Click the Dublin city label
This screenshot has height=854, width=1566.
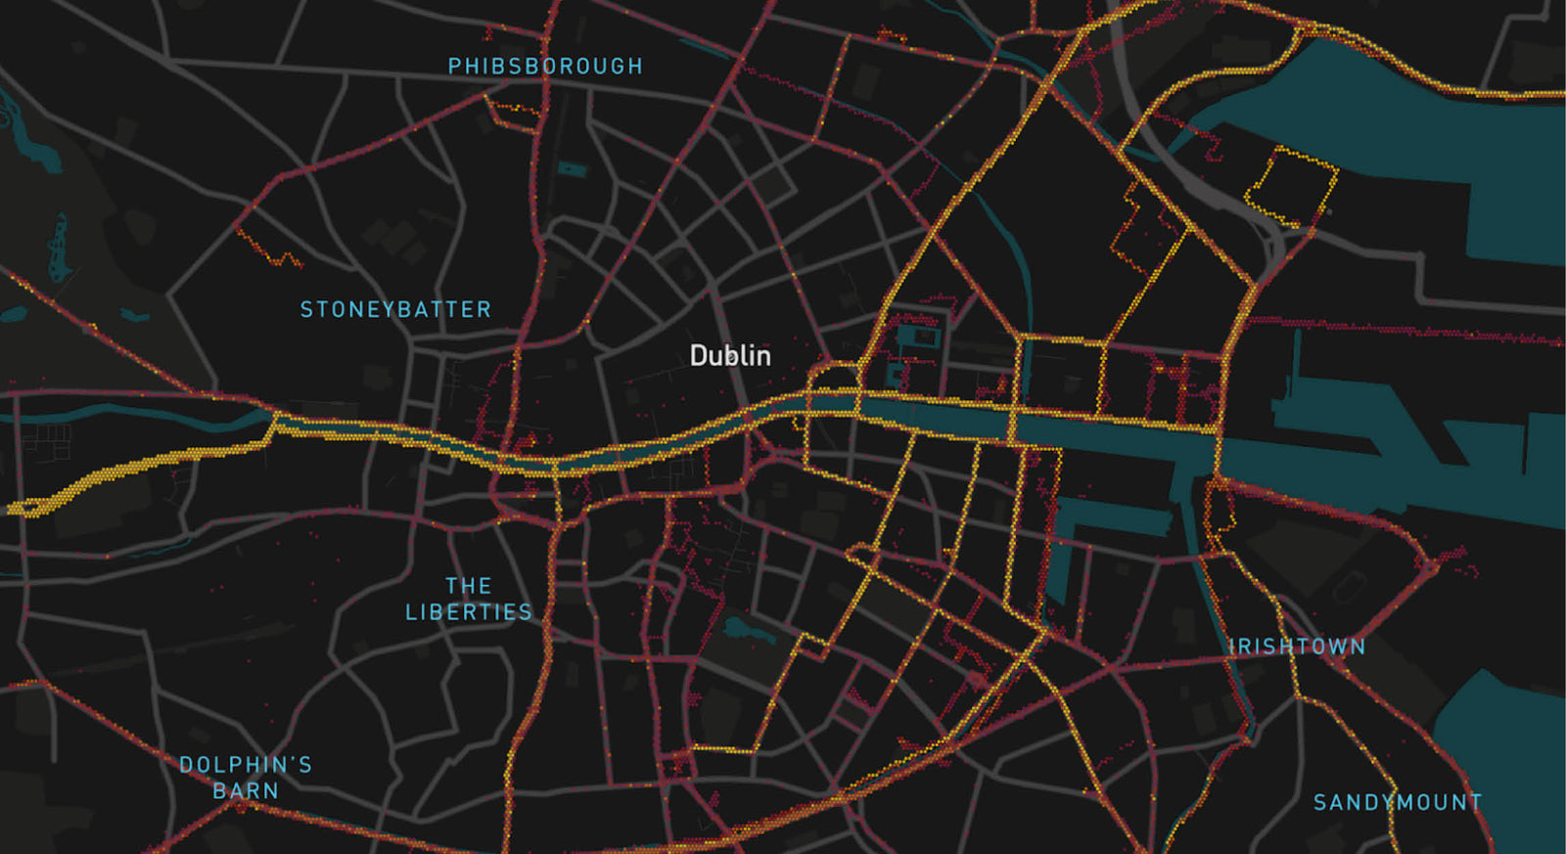tap(730, 355)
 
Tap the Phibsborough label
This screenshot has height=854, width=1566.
tap(545, 67)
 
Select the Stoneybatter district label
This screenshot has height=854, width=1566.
tap(395, 310)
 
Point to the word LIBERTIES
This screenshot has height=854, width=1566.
tap(469, 612)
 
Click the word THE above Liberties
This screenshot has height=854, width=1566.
tap(469, 586)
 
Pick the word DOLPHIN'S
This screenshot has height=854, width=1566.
tap(246, 765)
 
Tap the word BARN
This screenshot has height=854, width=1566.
tap(246, 790)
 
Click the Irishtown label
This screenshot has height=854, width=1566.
tap(1297, 647)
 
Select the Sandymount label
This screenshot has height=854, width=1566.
tap(1397, 803)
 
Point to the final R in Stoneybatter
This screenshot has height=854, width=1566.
tap(484, 310)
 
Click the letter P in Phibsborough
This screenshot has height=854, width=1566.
tap(454, 67)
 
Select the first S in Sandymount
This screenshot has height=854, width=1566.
tap(1319, 803)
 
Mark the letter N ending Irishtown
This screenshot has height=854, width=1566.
tap(1359, 647)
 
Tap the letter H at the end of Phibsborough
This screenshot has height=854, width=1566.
tap(636, 67)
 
